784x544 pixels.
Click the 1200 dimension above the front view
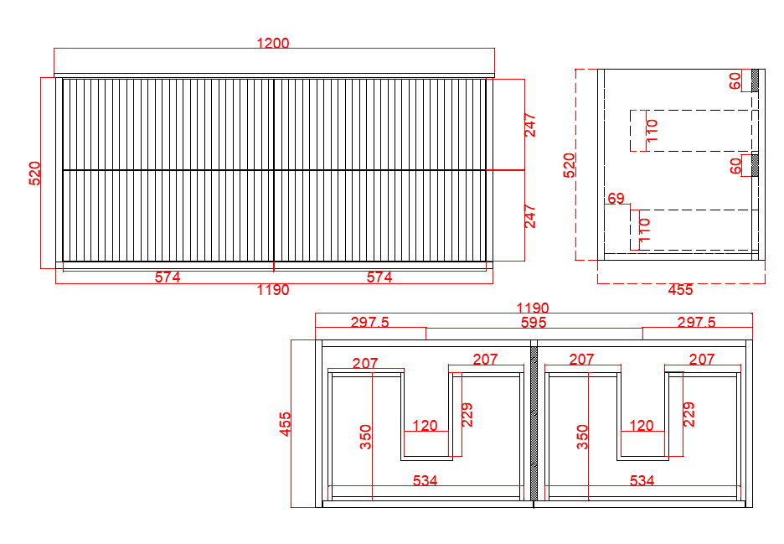tap(273, 43)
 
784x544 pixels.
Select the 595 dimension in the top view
tap(534, 323)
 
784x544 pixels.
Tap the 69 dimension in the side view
tap(616, 198)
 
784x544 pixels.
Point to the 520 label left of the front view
tap(34, 174)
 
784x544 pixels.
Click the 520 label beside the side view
tap(569, 165)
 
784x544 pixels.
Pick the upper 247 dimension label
tap(530, 125)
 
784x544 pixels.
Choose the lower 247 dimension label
tap(530, 216)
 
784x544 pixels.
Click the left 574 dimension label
tap(168, 277)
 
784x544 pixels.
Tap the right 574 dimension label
tap(379, 277)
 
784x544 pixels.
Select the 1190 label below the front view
tap(273, 290)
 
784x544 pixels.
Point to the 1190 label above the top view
tap(533, 308)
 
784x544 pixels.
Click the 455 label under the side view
tap(680, 290)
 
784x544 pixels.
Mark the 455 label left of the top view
tap(285, 424)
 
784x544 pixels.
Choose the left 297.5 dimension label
tap(370, 323)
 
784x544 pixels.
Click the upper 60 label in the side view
tap(735, 80)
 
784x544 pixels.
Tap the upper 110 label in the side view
tap(652, 131)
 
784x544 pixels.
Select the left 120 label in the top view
tap(425, 425)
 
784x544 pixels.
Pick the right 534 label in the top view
tap(642, 480)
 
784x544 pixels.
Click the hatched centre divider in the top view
tap(534, 424)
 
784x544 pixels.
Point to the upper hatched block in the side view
tap(755, 80)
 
